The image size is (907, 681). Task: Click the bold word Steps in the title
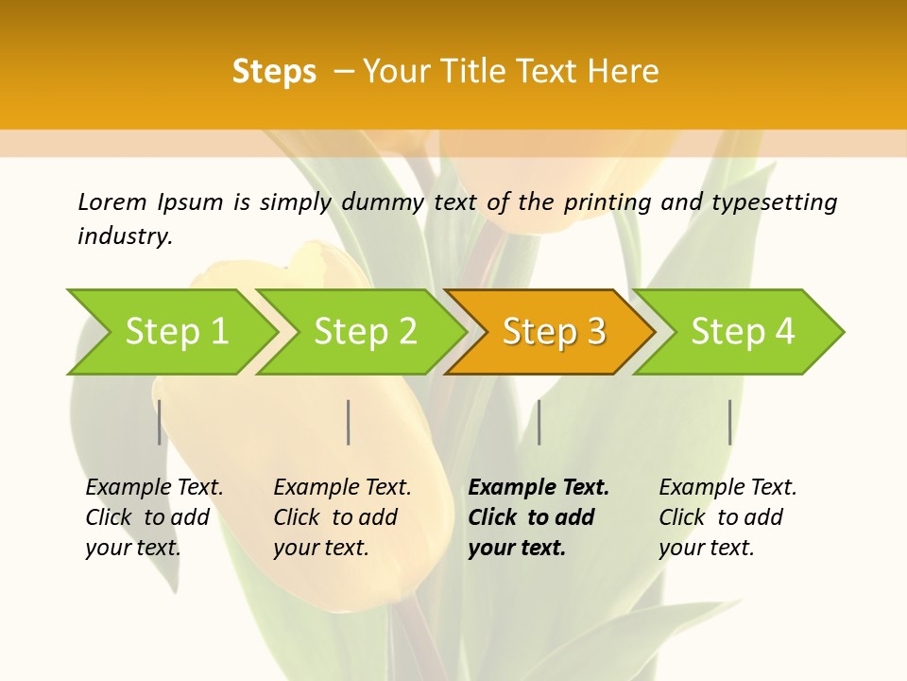point(274,72)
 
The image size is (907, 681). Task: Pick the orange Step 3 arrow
point(554,331)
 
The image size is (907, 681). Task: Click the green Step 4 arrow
point(743,331)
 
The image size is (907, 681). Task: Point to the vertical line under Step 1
point(160,422)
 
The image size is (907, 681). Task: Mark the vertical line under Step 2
point(349,422)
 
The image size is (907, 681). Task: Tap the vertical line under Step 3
point(539,422)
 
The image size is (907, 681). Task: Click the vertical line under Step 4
point(730,422)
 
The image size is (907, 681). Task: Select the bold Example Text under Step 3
point(537,517)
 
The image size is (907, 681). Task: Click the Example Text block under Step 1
point(153,517)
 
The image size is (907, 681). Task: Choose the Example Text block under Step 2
point(341,517)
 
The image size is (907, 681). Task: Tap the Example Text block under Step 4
point(727,517)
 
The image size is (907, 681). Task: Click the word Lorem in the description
point(111,201)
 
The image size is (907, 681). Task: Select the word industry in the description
point(124,236)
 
